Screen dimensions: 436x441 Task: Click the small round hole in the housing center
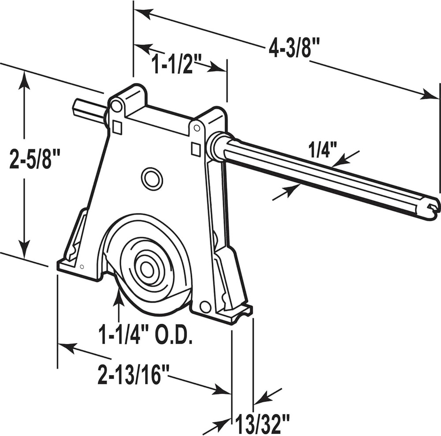152,179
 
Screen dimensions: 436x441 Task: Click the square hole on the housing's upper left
117,127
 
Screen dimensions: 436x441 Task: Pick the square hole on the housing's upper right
196,149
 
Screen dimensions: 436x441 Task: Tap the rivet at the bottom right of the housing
205,307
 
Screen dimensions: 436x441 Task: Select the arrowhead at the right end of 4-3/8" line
430,95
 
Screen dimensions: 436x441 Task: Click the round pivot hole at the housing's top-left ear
116,106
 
